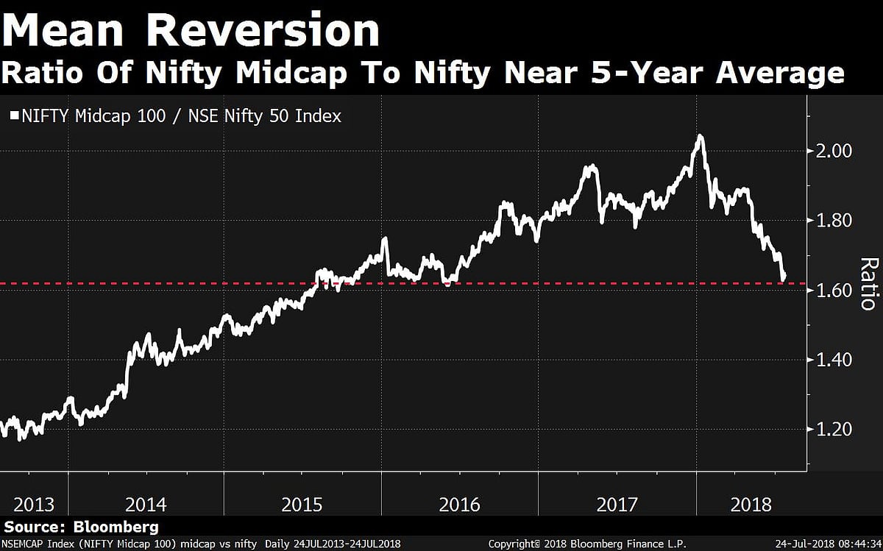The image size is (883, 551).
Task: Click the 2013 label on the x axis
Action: pos(34,505)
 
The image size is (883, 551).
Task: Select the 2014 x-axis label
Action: pos(146,505)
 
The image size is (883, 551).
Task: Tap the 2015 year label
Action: pos(302,505)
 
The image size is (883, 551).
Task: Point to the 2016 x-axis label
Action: pos(459,505)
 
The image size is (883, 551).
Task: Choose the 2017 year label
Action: pos(617,505)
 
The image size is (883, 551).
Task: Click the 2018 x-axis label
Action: pos(752,505)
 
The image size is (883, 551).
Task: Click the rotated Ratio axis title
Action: pos(868,283)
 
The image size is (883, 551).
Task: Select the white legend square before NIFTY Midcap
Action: pos(14,115)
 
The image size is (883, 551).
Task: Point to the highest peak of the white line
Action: pos(700,136)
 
